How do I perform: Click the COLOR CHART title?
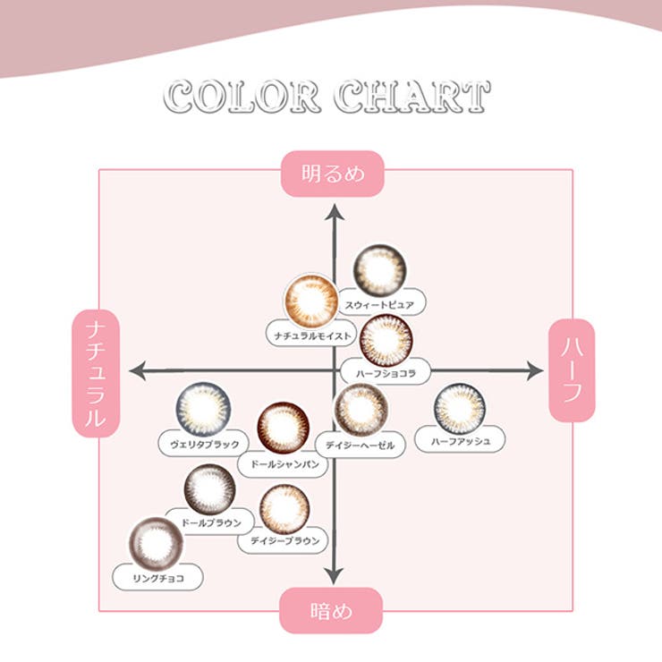pos(327,97)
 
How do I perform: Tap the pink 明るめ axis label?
pos(332,174)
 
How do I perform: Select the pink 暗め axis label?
pos(331,610)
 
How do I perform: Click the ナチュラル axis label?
pos(96,373)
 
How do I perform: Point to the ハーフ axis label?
pos(572,370)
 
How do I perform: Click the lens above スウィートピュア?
pos(379,270)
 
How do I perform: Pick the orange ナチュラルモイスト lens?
pos(311,301)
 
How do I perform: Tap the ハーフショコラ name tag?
pos(386,373)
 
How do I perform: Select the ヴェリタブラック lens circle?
pos(203,409)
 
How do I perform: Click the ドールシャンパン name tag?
pos(284,464)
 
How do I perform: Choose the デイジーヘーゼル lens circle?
pos(361,410)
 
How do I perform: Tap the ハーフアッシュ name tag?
pos(460,441)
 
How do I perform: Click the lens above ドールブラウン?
pos(210,489)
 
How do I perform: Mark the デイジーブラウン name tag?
pos(284,540)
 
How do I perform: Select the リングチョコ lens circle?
pos(157,544)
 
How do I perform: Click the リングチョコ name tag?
pos(158,578)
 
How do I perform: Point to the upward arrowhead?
pos(335,212)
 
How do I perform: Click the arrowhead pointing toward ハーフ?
pos(535,371)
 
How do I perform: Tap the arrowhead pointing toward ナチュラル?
pos(138,371)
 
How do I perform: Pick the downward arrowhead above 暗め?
pos(334,576)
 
